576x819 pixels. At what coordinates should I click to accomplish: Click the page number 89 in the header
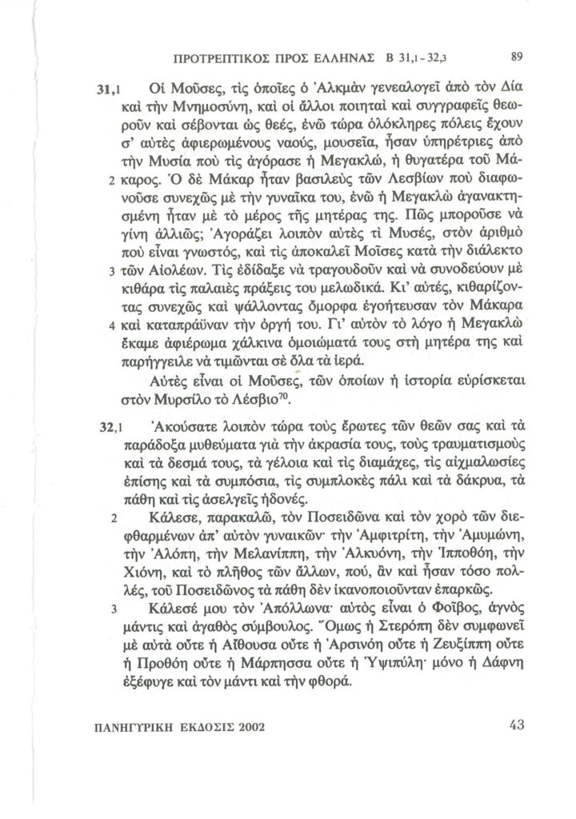click(515, 57)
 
